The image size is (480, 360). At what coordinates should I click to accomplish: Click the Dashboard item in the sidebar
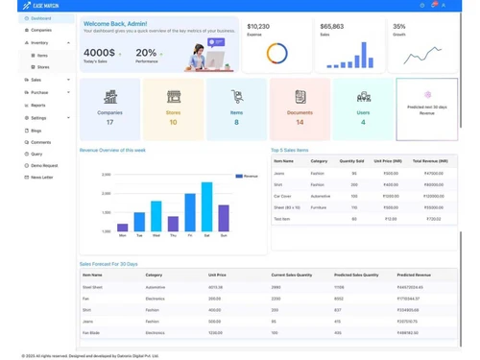[x=40, y=18]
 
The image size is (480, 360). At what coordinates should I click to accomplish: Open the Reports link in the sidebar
[x=37, y=106]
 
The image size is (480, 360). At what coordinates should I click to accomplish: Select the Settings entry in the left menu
[x=37, y=118]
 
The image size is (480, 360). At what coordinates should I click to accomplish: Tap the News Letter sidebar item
[x=41, y=178]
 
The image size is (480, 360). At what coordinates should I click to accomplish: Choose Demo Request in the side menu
[x=43, y=165]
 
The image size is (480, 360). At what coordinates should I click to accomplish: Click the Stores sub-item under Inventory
[x=43, y=67]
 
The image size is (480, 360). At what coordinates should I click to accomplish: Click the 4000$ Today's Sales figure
[x=100, y=54]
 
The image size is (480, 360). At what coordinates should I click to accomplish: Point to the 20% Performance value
[x=146, y=54]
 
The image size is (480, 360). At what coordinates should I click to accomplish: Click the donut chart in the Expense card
[x=276, y=54]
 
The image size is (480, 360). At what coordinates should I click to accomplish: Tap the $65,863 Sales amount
[x=332, y=27]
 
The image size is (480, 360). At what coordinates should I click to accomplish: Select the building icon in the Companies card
[x=109, y=97]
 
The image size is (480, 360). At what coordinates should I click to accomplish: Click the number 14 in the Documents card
[x=300, y=122]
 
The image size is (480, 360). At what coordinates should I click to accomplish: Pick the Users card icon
[x=363, y=97]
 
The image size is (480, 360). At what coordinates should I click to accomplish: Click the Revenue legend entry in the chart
[x=248, y=176]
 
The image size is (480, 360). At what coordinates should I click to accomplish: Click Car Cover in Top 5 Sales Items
[x=282, y=196]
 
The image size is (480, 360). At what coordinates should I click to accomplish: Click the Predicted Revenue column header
[x=413, y=276]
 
